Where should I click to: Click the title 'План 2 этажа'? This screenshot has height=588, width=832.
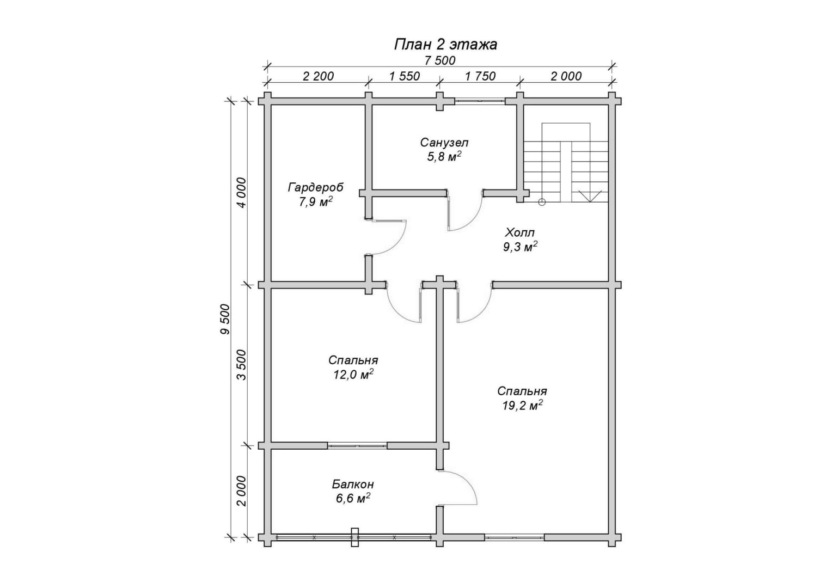(445, 45)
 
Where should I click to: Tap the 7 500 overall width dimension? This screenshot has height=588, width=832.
(440, 60)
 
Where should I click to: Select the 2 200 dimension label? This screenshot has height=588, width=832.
(319, 76)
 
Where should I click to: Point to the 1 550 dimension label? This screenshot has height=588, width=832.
(405, 76)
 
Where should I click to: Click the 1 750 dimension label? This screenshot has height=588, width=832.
(480, 76)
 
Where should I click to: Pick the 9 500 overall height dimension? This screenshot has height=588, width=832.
(225, 319)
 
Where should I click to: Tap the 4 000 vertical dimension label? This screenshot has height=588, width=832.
(241, 193)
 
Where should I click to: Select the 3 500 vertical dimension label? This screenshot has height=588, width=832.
(241, 365)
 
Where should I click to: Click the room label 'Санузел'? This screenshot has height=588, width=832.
(444, 143)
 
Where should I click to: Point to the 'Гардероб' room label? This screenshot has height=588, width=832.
(316, 188)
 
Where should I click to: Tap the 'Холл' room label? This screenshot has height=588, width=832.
(519, 233)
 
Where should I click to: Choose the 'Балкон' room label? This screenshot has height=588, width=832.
(353, 485)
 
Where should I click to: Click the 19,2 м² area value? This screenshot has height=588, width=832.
(522, 406)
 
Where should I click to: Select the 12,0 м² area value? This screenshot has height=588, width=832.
(353, 375)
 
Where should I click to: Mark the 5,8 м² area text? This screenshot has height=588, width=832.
(444, 157)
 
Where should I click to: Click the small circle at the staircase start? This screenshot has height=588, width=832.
(542, 202)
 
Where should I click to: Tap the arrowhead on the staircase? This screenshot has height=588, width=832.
(590, 196)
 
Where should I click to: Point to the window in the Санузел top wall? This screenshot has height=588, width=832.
(480, 100)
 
